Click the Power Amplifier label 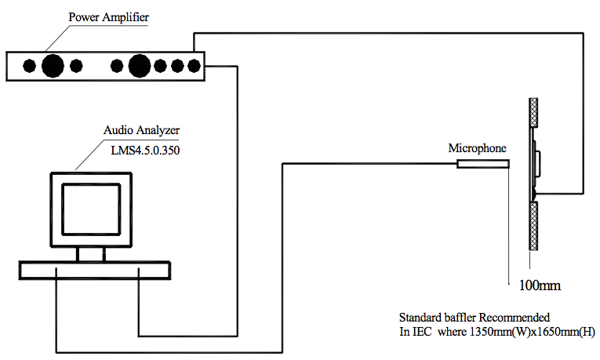point(108,17)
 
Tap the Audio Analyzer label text point(141,130)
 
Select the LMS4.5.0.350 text point(145,151)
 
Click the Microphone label point(477,148)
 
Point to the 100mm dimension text point(540,285)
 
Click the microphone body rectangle point(483,164)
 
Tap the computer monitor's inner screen point(91,209)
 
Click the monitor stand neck point(91,254)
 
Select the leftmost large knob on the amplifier point(53,66)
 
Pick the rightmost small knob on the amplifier point(194,66)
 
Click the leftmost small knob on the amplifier point(30,66)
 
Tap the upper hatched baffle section point(533,112)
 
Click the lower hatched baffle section point(533,226)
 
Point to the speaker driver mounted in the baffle point(535,164)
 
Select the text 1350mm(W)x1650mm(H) point(533,332)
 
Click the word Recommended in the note point(515,318)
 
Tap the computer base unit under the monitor point(95,271)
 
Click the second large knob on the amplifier point(140,66)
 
